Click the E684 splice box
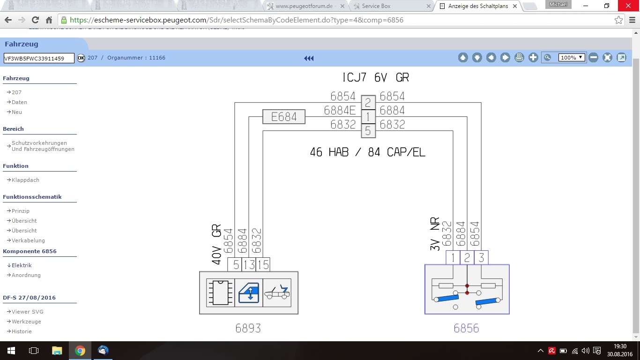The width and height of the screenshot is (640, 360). tap(284, 117)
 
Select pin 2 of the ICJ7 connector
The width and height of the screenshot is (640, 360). tap(368, 102)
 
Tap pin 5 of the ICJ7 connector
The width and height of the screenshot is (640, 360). tap(368, 131)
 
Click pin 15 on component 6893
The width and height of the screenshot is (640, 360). tap(263, 265)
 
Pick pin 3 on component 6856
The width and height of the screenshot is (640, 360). tap(481, 257)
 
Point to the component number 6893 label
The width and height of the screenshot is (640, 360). tap(248, 328)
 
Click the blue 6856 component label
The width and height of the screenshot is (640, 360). tap(466, 328)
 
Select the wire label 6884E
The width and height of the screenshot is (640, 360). tap(340, 111)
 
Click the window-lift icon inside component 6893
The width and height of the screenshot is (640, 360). tap(249, 292)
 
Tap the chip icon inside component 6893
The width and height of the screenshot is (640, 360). tap(220, 292)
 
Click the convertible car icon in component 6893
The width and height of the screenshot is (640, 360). tap(277, 292)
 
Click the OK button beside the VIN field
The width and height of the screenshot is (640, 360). tap(81, 58)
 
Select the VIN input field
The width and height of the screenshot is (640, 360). tap(39, 58)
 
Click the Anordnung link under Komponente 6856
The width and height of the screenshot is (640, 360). tap(26, 275)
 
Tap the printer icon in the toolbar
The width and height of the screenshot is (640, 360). tap(519, 58)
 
